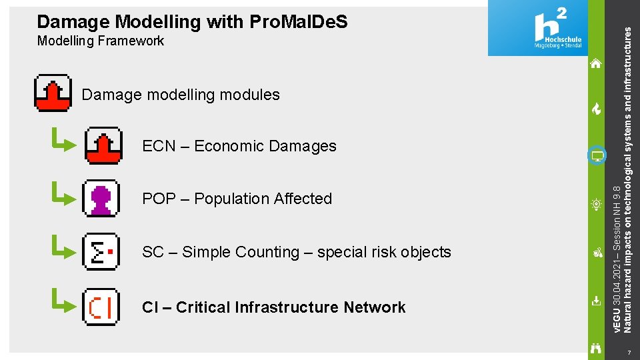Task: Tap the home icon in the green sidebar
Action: (596, 64)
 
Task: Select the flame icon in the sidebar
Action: (596, 109)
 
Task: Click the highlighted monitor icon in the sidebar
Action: (597, 157)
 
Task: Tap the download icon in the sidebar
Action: (596, 301)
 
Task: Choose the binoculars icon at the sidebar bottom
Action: (596, 347)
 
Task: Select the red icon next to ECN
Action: (103, 145)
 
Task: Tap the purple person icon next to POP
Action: (101, 198)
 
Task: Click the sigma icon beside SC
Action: (101, 251)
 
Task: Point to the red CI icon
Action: (101, 307)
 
